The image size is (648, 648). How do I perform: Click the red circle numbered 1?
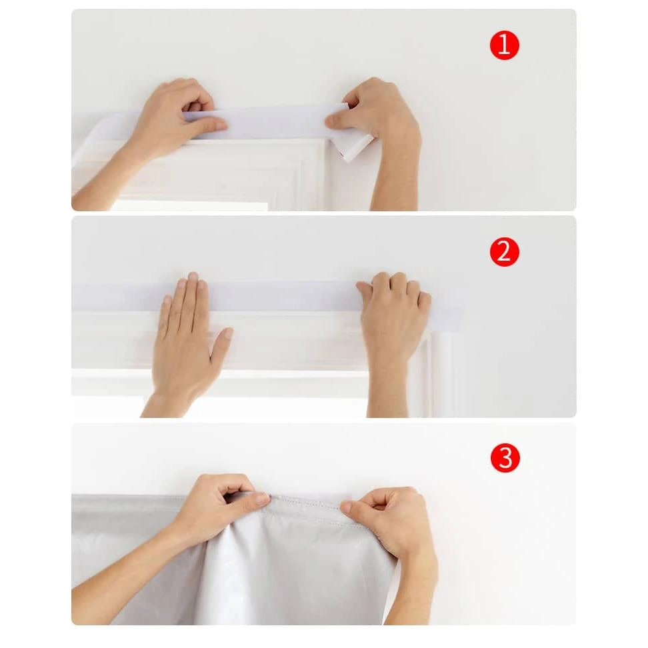click(505, 45)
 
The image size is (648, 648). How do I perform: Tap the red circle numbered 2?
click(505, 252)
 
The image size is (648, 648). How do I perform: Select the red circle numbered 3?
click(505, 459)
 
